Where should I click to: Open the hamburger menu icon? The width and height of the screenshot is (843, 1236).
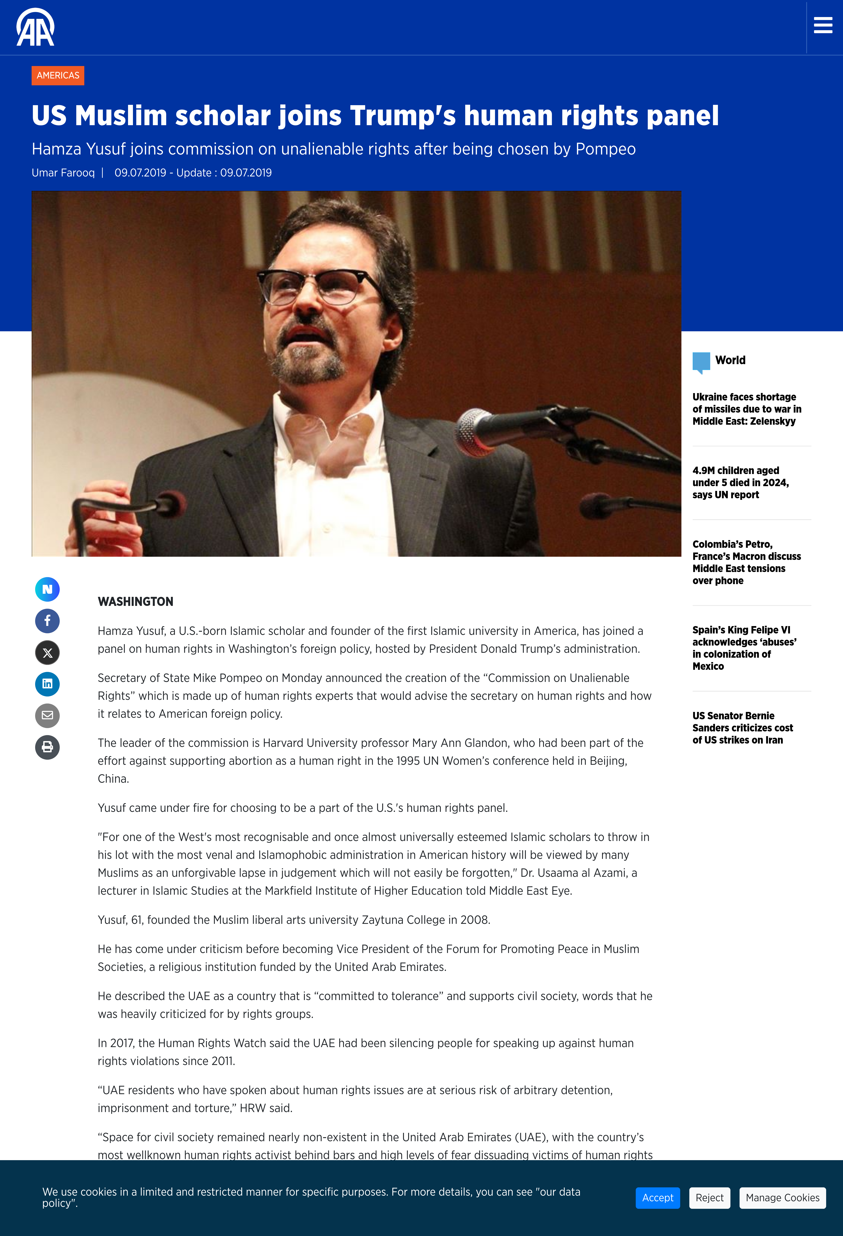(x=823, y=25)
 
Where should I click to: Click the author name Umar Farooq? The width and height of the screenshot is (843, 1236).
(x=63, y=173)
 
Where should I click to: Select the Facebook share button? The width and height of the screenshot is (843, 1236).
(x=47, y=621)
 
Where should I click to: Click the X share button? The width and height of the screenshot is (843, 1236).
(x=47, y=653)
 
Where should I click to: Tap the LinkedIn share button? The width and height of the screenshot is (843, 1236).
(x=47, y=684)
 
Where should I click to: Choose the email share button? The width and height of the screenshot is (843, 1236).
(x=47, y=715)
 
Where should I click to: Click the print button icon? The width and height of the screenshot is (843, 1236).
(x=47, y=747)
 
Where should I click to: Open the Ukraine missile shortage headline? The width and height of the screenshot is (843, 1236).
(x=746, y=409)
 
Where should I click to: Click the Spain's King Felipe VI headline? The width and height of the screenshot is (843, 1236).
(x=744, y=648)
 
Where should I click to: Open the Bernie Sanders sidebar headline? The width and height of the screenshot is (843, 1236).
(x=743, y=728)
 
